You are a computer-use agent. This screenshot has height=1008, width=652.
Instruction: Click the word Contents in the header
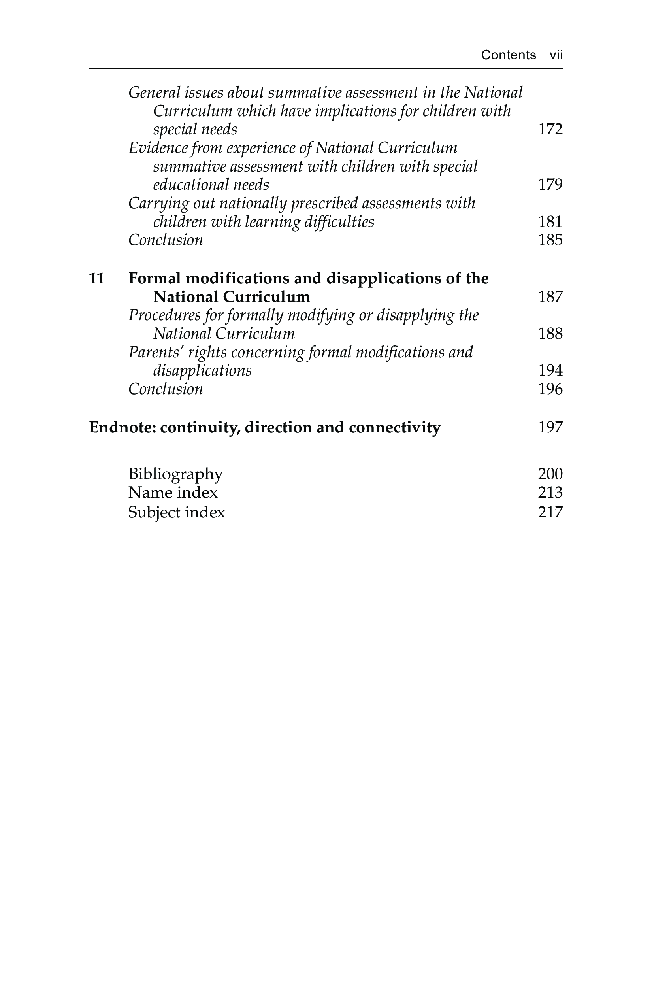click(x=509, y=55)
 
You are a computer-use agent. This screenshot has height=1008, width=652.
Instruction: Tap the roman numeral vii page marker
click(x=556, y=55)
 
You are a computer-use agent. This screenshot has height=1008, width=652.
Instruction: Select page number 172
click(x=550, y=129)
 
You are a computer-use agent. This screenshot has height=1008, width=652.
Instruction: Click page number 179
click(x=550, y=185)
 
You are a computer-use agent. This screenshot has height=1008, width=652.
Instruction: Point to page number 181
click(x=550, y=221)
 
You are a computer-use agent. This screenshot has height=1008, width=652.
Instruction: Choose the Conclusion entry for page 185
click(x=166, y=240)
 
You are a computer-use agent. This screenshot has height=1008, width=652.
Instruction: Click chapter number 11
click(x=97, y=278)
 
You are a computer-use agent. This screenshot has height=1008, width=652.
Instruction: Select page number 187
click(x=550, y=297)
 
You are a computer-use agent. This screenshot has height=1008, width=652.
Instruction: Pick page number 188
click(x=550, y=334)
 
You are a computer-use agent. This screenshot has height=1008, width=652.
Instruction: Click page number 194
click(x=550, y=371)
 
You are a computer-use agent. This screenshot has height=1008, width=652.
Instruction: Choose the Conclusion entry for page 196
click(x=166, y=389)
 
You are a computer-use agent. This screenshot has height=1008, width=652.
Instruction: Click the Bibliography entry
click(x=175, y=474)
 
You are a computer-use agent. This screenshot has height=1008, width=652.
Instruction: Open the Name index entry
click(x=173, y=493)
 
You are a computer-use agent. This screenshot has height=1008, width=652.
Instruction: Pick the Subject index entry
click(x=177, y=512)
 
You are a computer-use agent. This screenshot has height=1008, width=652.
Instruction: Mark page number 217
click(x=550, y=512)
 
